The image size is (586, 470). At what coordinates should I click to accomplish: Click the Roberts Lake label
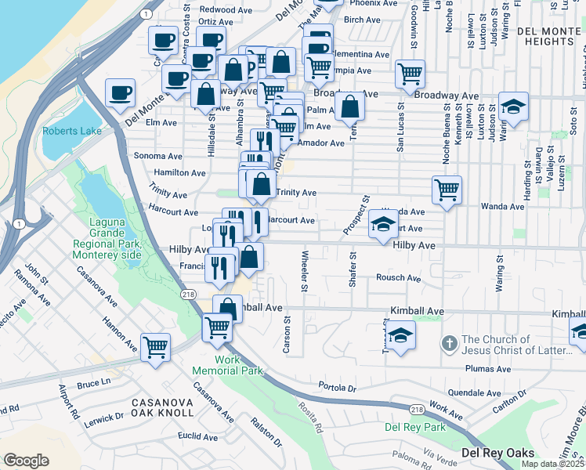pyautogui.click(x=72, y=131)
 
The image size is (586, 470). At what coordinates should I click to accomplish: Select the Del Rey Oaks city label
pyautogui.click(x=497, y=453)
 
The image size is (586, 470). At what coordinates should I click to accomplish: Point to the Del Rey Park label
pyautogui.click(x=415, y=427)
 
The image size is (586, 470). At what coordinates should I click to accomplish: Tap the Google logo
pyautogui.click(x=26, y=460)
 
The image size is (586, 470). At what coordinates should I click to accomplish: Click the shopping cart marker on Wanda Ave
pyautogui.click(x=446, y=190)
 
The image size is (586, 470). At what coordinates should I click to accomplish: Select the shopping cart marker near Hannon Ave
pyautogui.click(x=156, y=345)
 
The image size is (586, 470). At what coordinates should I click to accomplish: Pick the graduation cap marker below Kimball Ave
pyautogui.click(x=400, y=334)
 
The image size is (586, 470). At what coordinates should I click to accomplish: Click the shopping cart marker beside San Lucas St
pyautogui.click(x=410, y=74)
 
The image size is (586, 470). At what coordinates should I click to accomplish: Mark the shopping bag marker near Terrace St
pyautogui.click(x=349, y=106)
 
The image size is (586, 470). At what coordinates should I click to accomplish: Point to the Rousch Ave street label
pyautogui.click(x=398, y=278)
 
